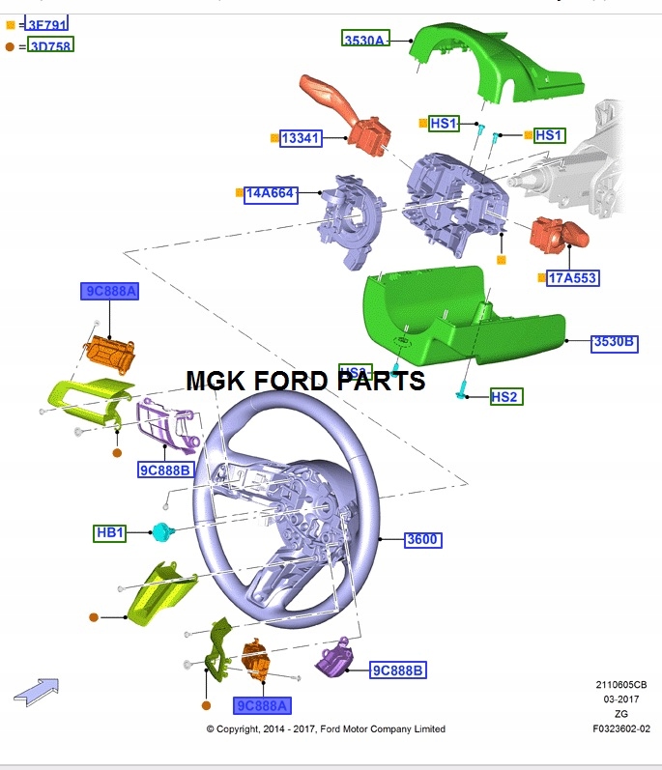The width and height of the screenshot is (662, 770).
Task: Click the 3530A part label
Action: (x=364, y=40)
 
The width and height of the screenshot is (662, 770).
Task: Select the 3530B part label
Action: (x=615, y=342)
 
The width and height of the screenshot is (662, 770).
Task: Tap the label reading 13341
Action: (x=300, y=138)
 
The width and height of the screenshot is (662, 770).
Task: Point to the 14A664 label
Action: (x=270, y=193)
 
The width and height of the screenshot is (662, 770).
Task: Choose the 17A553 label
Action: (x=573, y=278)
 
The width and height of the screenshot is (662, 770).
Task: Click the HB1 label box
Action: (x=110, y=532)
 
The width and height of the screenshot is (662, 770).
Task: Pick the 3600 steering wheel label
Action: (x=422, y=539)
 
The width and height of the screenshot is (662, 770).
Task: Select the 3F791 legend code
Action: (x=46, y=24)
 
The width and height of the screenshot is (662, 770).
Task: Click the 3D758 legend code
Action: (x=50, y=44)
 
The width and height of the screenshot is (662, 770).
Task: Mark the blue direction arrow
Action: (x=36, y=690)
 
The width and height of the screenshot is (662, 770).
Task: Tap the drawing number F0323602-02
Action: (x=621, y=728)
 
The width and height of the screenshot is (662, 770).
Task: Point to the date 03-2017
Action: (x=621, y=699)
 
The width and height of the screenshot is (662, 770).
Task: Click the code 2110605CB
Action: (x=621, y=684)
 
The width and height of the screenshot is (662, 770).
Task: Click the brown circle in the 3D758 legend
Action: (x=10, y=45)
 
